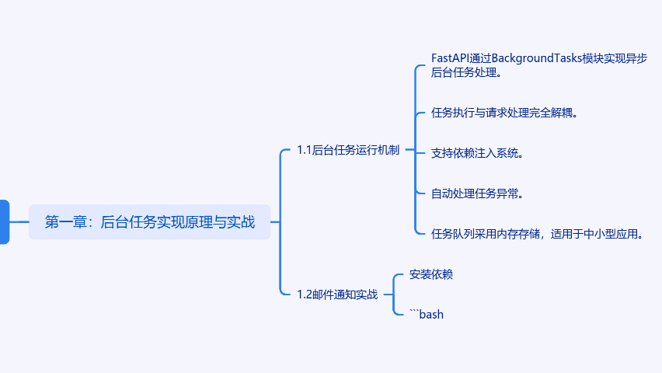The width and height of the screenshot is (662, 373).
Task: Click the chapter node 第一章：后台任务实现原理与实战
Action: (149, 222)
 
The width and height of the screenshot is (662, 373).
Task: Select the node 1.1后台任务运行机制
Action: (347, 150)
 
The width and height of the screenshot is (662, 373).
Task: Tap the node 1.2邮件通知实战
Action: (336, 295)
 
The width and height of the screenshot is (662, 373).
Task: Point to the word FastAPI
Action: (451, 58)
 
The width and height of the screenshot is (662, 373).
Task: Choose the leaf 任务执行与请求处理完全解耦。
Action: (504, 113)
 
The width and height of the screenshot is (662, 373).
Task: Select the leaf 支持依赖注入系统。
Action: (477, 152)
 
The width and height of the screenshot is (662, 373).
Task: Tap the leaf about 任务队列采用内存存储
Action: (537, 233)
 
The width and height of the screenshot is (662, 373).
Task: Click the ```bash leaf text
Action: (427, 314)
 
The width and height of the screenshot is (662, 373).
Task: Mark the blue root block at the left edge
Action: (4, 222)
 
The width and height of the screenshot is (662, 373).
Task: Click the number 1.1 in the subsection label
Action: (304, 150)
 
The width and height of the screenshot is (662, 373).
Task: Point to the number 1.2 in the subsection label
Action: (304, 295)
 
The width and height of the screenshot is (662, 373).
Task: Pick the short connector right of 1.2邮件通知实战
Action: (388, 295)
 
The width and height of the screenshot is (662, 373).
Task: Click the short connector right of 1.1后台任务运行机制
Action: (410, 150)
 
